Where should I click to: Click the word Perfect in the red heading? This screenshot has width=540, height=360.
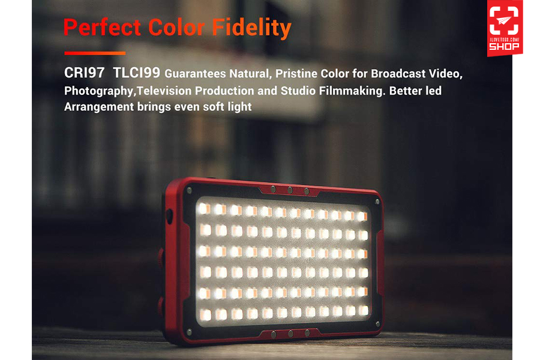(x=102, y=27)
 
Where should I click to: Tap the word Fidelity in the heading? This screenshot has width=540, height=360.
(x=252, y=28)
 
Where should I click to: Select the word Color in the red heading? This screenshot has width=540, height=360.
(x=176, y=27)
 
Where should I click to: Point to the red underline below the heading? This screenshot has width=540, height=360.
(x=95, y=53)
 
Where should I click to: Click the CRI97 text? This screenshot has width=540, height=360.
(x=85, y=73)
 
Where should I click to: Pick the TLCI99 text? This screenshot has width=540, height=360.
(x=136, y=73)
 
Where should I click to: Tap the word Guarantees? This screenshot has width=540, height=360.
(x=195, y=74)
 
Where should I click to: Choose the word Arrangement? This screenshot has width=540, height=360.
(x=99, y=107)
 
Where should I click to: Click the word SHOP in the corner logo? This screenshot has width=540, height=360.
(x=504, y=46)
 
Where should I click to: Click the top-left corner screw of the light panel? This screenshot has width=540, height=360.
(x=189, y=190)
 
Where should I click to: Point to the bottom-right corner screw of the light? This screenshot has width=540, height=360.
(x=378, y=324)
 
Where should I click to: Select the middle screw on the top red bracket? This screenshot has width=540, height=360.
(x=290, y=190)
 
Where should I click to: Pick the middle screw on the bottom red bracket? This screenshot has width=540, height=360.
(x=290, y=334)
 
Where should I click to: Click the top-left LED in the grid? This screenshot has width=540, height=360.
(x=205, y=208)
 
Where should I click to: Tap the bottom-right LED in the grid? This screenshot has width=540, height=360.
(x=364, y=310)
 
